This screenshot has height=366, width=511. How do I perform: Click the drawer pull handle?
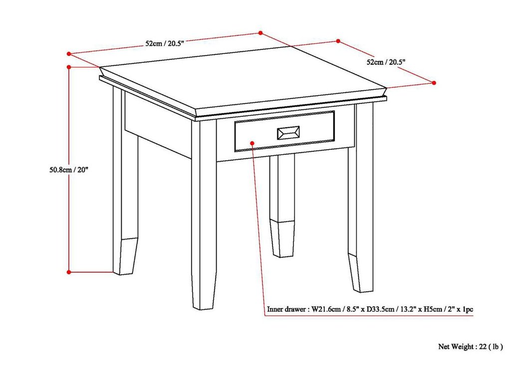click(288, 132)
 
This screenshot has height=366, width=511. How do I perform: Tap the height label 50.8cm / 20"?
click(66, 169)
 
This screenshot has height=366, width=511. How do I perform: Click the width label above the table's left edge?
click(165, 43)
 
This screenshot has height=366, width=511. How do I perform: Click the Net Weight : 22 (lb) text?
click(471, 346)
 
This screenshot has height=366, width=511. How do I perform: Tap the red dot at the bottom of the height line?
click(69, 272)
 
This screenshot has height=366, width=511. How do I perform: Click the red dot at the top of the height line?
click(69, 66)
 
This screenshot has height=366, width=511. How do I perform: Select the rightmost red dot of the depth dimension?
click(434, 82)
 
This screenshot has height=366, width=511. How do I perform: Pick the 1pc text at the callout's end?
click(468, 310)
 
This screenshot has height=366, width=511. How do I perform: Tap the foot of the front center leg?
click(204, 295)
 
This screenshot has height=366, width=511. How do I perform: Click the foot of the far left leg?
click(125, 257)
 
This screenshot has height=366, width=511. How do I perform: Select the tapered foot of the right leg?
click(361, 275)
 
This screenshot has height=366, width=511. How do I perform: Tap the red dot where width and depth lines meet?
click(260, 33)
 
